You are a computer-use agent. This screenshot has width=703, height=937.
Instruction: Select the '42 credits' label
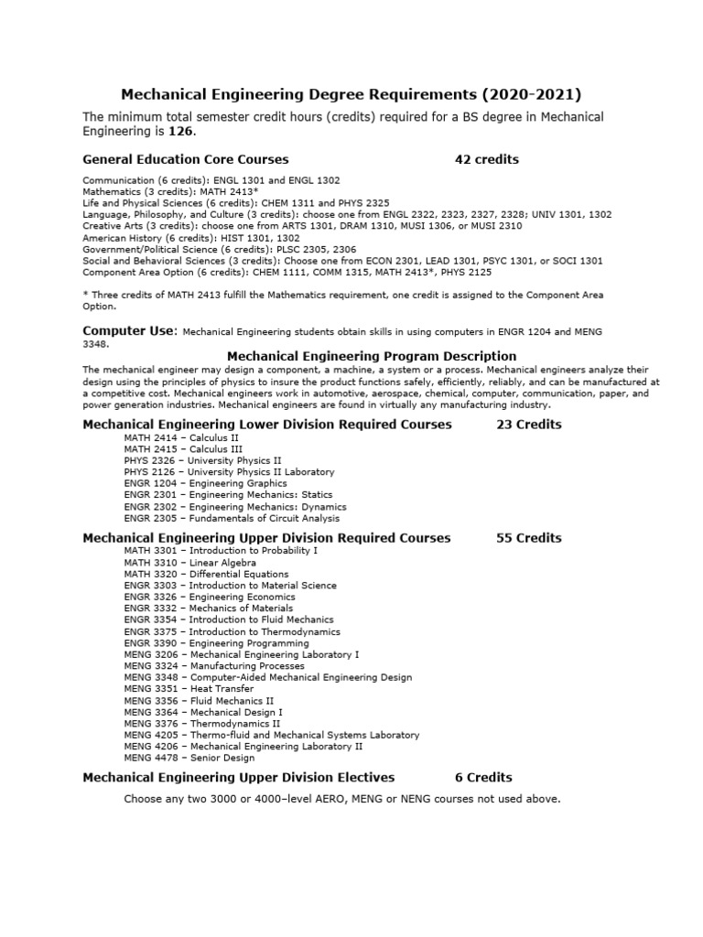click(x=486, y=159)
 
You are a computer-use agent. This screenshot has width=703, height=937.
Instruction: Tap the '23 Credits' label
click(x=528, y=425)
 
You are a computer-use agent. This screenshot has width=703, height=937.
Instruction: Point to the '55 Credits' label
click(x=528, y=538)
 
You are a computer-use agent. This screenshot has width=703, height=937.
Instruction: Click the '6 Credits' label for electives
click(x=483, y=777)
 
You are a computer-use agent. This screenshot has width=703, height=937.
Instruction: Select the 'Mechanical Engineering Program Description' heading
click(x=371, y=356)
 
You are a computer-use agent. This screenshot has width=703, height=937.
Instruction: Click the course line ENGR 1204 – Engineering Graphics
click(x=205, y=483)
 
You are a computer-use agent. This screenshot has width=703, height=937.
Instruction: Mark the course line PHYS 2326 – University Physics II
click(x=202, y=460)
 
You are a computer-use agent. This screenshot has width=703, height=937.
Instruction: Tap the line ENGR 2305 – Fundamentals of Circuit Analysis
click(x=232, y=517)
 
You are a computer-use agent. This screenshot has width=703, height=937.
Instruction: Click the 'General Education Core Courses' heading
click(x=185, y=159)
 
